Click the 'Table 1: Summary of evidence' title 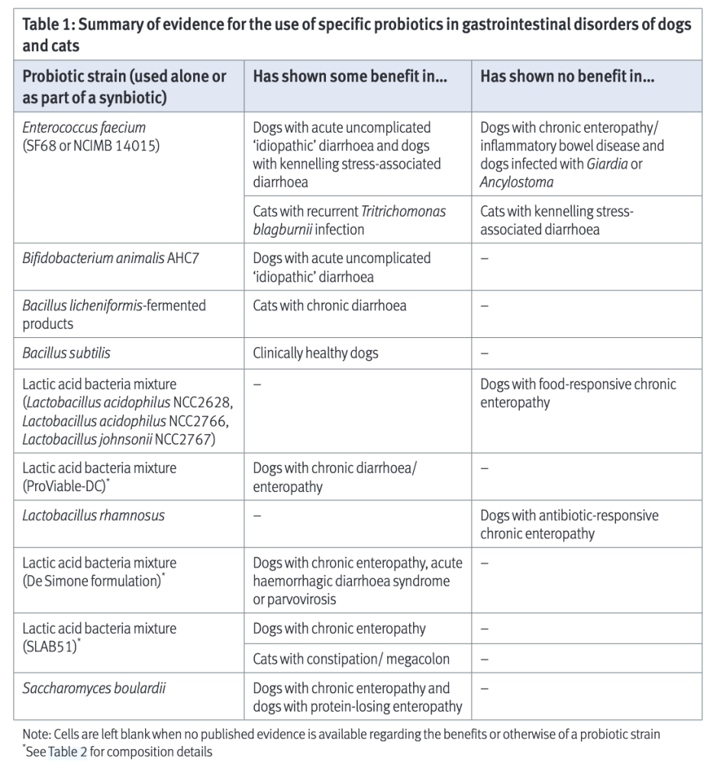tap(357, 34)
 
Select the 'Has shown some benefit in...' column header tap(349, 77)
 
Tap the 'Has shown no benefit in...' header tap(566, 77)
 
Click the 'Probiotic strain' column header tap(124, 87)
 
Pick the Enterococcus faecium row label tap(84, 136)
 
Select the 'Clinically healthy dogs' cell tap(315, 353)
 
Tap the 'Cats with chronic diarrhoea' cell tap(329, 306)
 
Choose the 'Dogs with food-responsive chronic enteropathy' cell tap(578, 394)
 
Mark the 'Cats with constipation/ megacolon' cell tap(351, 658)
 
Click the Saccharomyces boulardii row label tap(94, 688)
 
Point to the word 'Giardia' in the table tap(604, 164)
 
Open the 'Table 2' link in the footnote tap(67, 752)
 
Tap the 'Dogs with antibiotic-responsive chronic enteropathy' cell tap(569, 525)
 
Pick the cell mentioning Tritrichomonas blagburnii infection tap(349, 220)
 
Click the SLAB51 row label tap(99, 638)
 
